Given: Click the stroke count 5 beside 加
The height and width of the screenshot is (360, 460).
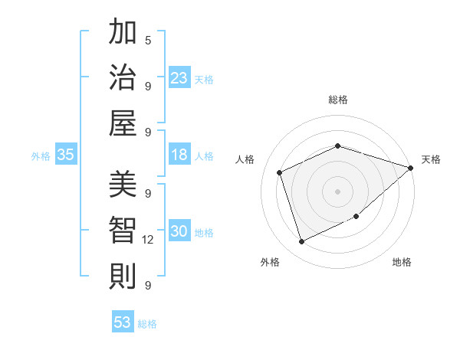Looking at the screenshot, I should pyautogui.click(x=148, y=40).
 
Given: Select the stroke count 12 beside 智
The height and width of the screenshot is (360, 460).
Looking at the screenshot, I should pyautogui.click(x=148, y=240).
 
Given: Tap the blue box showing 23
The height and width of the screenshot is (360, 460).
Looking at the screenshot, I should pyautogui.click(x=179, y=78).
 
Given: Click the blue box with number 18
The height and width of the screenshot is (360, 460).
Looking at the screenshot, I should pyautogui.click(x=179, y=155).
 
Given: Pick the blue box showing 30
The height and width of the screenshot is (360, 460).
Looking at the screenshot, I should pyautogui.click(x=179, y=232).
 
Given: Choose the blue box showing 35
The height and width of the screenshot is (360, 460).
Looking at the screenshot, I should pyautogui.click(x=66, y=155).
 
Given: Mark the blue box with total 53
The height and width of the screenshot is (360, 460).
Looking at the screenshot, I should pyautogui.click(x=123, y=322).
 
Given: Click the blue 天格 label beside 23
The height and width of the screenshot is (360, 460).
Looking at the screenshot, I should pyautogui.click(x=204, y=80).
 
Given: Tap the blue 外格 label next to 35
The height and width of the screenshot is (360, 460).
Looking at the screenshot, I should pyautogui.click(x=41, y=156).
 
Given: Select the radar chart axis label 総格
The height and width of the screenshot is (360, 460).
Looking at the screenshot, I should pyautogui.click(x=337, y=100).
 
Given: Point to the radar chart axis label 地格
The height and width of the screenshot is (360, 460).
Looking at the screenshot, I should pyautogui.click(x=402, y=263).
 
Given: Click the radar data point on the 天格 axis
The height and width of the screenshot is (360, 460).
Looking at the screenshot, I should pyautogui.click(x=410, y=168).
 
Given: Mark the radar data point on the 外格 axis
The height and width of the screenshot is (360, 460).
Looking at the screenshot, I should pyautogui.click(x=301, y=242).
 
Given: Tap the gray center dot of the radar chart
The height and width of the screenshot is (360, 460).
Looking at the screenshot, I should pyautogui.click(x=337, y=191).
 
